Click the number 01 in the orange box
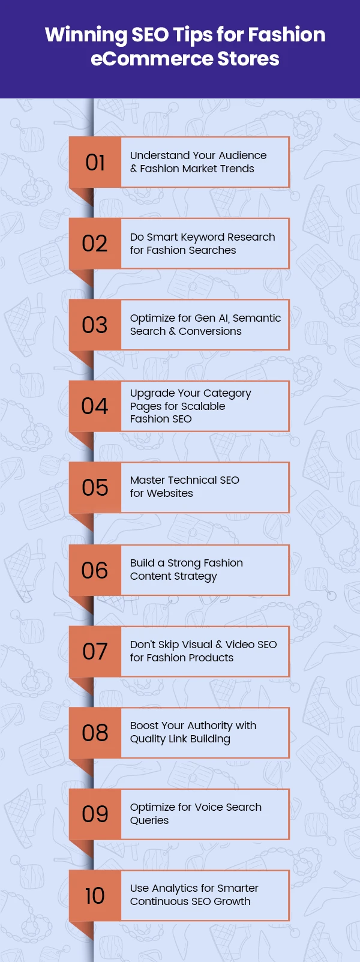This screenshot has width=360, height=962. click(95, 163)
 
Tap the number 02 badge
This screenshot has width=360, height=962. click(95, 244)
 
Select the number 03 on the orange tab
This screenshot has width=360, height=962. click(95, 325)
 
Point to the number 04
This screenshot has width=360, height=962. click(95, 406)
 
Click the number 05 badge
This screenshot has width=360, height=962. click(95, 487)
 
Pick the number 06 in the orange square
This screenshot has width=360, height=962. click(95, 570)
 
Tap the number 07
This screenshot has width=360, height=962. click(95, 652)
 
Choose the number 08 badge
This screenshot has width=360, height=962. click(95, 733)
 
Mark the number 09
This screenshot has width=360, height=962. click(95, 814)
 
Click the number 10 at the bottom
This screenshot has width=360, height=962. click(95, 896)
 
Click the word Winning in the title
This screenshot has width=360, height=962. click(86, 35)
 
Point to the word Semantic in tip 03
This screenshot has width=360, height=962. click(257, 318)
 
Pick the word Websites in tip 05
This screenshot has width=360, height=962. click(170, 493)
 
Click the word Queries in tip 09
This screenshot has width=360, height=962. click(149, 820)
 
